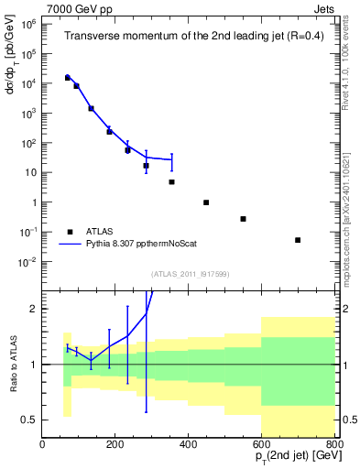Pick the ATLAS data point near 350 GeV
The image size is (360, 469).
pos(171,182)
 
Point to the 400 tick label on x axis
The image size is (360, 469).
pos(189,443)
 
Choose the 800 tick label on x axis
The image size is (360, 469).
pos(333,443)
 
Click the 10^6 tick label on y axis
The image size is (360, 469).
pos(27,25)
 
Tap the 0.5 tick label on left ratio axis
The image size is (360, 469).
pos(28,420)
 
